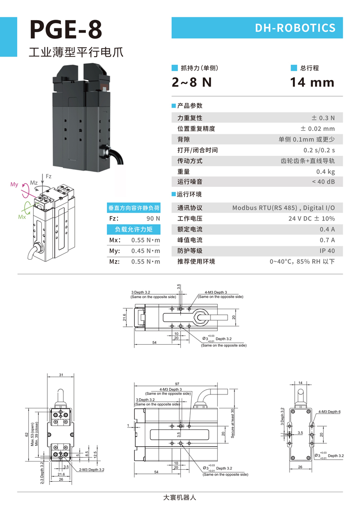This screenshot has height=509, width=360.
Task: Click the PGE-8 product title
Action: tap(66, 29)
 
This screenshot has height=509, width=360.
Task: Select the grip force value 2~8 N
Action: tap(192, 82)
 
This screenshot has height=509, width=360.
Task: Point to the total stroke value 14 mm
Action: tap(312, 82)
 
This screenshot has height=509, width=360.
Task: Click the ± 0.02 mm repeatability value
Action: tap(317, 128)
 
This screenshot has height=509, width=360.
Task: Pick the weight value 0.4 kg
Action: tap(325, 172)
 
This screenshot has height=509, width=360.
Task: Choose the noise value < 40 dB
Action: tap(323, 182)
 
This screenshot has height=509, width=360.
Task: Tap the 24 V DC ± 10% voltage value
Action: tap(312, 219)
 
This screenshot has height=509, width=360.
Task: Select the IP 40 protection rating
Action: tap(327, 251)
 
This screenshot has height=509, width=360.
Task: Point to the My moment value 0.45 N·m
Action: tap(145, 251)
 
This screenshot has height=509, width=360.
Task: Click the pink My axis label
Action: tap(14, 185)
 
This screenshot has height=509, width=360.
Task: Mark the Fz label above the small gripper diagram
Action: tap(48, 177)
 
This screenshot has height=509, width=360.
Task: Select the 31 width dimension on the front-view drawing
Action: tap(61, 374)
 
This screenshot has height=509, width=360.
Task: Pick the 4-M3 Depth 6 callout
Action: tap(329, 412)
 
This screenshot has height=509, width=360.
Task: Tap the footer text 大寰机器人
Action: tap(180, 497)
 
